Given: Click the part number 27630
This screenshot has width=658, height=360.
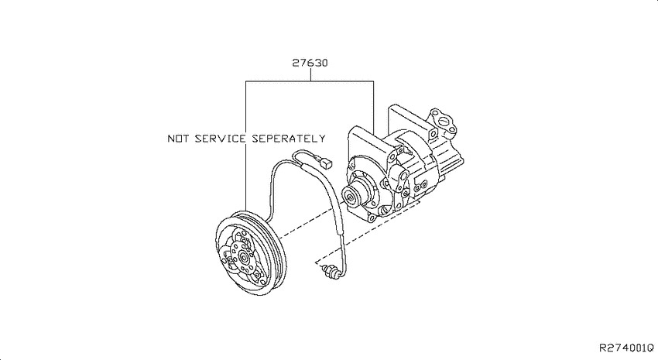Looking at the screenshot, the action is (x=310, y=63).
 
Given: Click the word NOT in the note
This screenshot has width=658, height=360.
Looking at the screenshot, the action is (x=177, y=139).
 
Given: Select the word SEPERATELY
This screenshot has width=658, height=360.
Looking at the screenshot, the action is (x=288, y=139).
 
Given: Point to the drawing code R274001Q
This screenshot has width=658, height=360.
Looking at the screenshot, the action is (x=626, y=348).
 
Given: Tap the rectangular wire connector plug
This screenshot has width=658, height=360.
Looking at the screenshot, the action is (x=327, y=163).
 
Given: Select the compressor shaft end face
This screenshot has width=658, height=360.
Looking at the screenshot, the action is (x=349, y=196).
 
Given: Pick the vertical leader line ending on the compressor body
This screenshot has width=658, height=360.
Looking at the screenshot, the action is (x=373, y=107).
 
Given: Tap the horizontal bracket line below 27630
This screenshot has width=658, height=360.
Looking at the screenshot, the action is (x=310, y=81).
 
